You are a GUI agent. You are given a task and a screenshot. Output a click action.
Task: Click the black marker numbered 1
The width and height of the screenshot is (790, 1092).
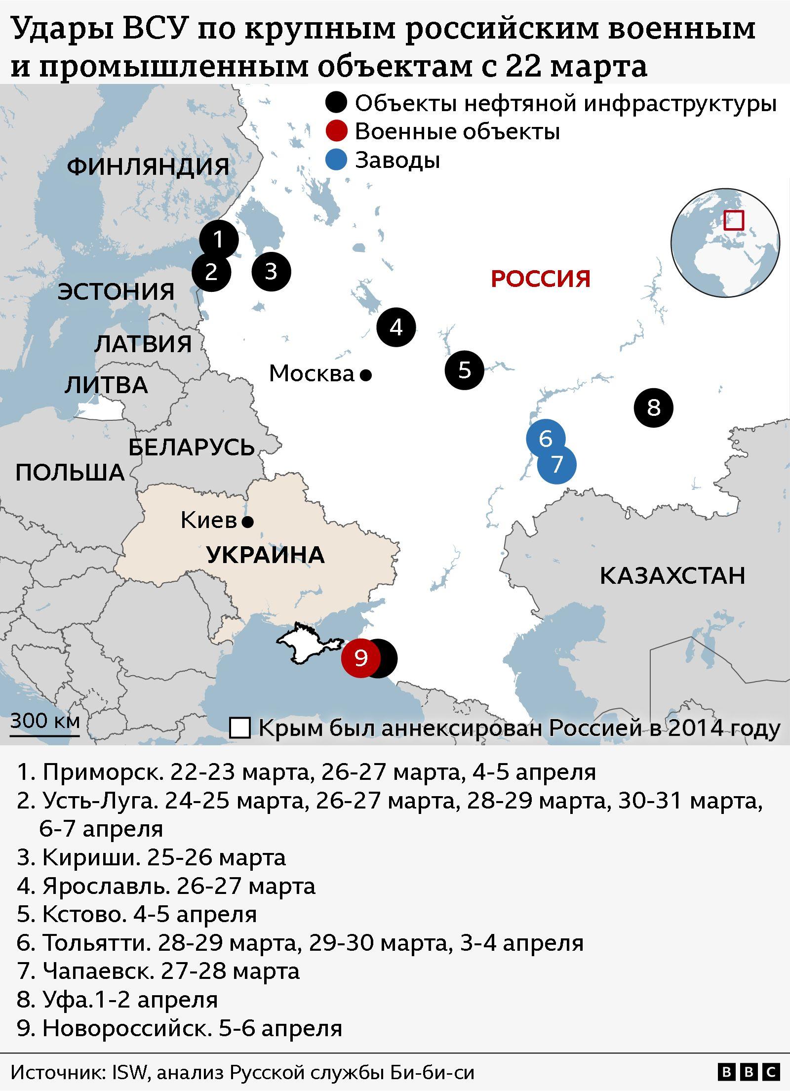click(x=219, y=240)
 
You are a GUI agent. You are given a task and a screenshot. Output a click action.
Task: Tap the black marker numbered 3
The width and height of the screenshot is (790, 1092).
click(x=271, y=272)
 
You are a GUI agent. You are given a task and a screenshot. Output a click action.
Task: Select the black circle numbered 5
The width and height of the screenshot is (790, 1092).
click(x=464, y=370)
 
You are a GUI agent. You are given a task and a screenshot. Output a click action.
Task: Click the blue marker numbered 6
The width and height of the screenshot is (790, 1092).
click(x=545, y=438)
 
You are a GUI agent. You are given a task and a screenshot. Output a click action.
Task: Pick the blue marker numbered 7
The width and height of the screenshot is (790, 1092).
click(x=556, y=464)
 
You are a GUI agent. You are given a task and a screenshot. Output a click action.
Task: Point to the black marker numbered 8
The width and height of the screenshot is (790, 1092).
click(x=653, y=408)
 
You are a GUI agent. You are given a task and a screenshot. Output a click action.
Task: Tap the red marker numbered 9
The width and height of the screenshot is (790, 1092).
click(x=361, y=658)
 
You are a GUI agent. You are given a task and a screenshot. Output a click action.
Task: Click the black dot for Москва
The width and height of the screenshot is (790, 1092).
click(x=365, y=376)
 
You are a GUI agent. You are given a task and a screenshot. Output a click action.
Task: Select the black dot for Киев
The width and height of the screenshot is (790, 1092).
click(x=248, y=522)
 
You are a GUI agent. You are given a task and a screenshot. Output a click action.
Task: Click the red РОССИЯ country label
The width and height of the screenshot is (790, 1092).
click(x=540, y=279)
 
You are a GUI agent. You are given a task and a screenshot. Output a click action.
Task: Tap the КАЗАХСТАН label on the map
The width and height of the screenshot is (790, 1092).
click(x=672, y=576)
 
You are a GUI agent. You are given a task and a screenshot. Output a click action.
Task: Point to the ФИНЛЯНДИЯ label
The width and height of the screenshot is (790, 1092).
click(x=148, y=166)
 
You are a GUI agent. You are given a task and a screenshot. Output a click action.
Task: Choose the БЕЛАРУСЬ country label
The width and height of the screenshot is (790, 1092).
click(x=192, y=447)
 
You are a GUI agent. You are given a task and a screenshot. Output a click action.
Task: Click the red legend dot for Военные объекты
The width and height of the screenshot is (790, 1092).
click(x=336, y=132)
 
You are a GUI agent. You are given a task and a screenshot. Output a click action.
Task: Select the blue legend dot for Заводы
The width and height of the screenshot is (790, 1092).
click(x=336, y=161)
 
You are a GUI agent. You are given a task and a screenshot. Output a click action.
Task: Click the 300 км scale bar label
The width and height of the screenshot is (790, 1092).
click(x=44, y=721)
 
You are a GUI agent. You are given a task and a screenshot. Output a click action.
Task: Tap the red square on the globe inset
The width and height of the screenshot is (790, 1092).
click(x=734, y=220)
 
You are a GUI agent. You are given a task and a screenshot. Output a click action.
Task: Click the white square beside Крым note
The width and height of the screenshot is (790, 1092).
click(x=240, y=728)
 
